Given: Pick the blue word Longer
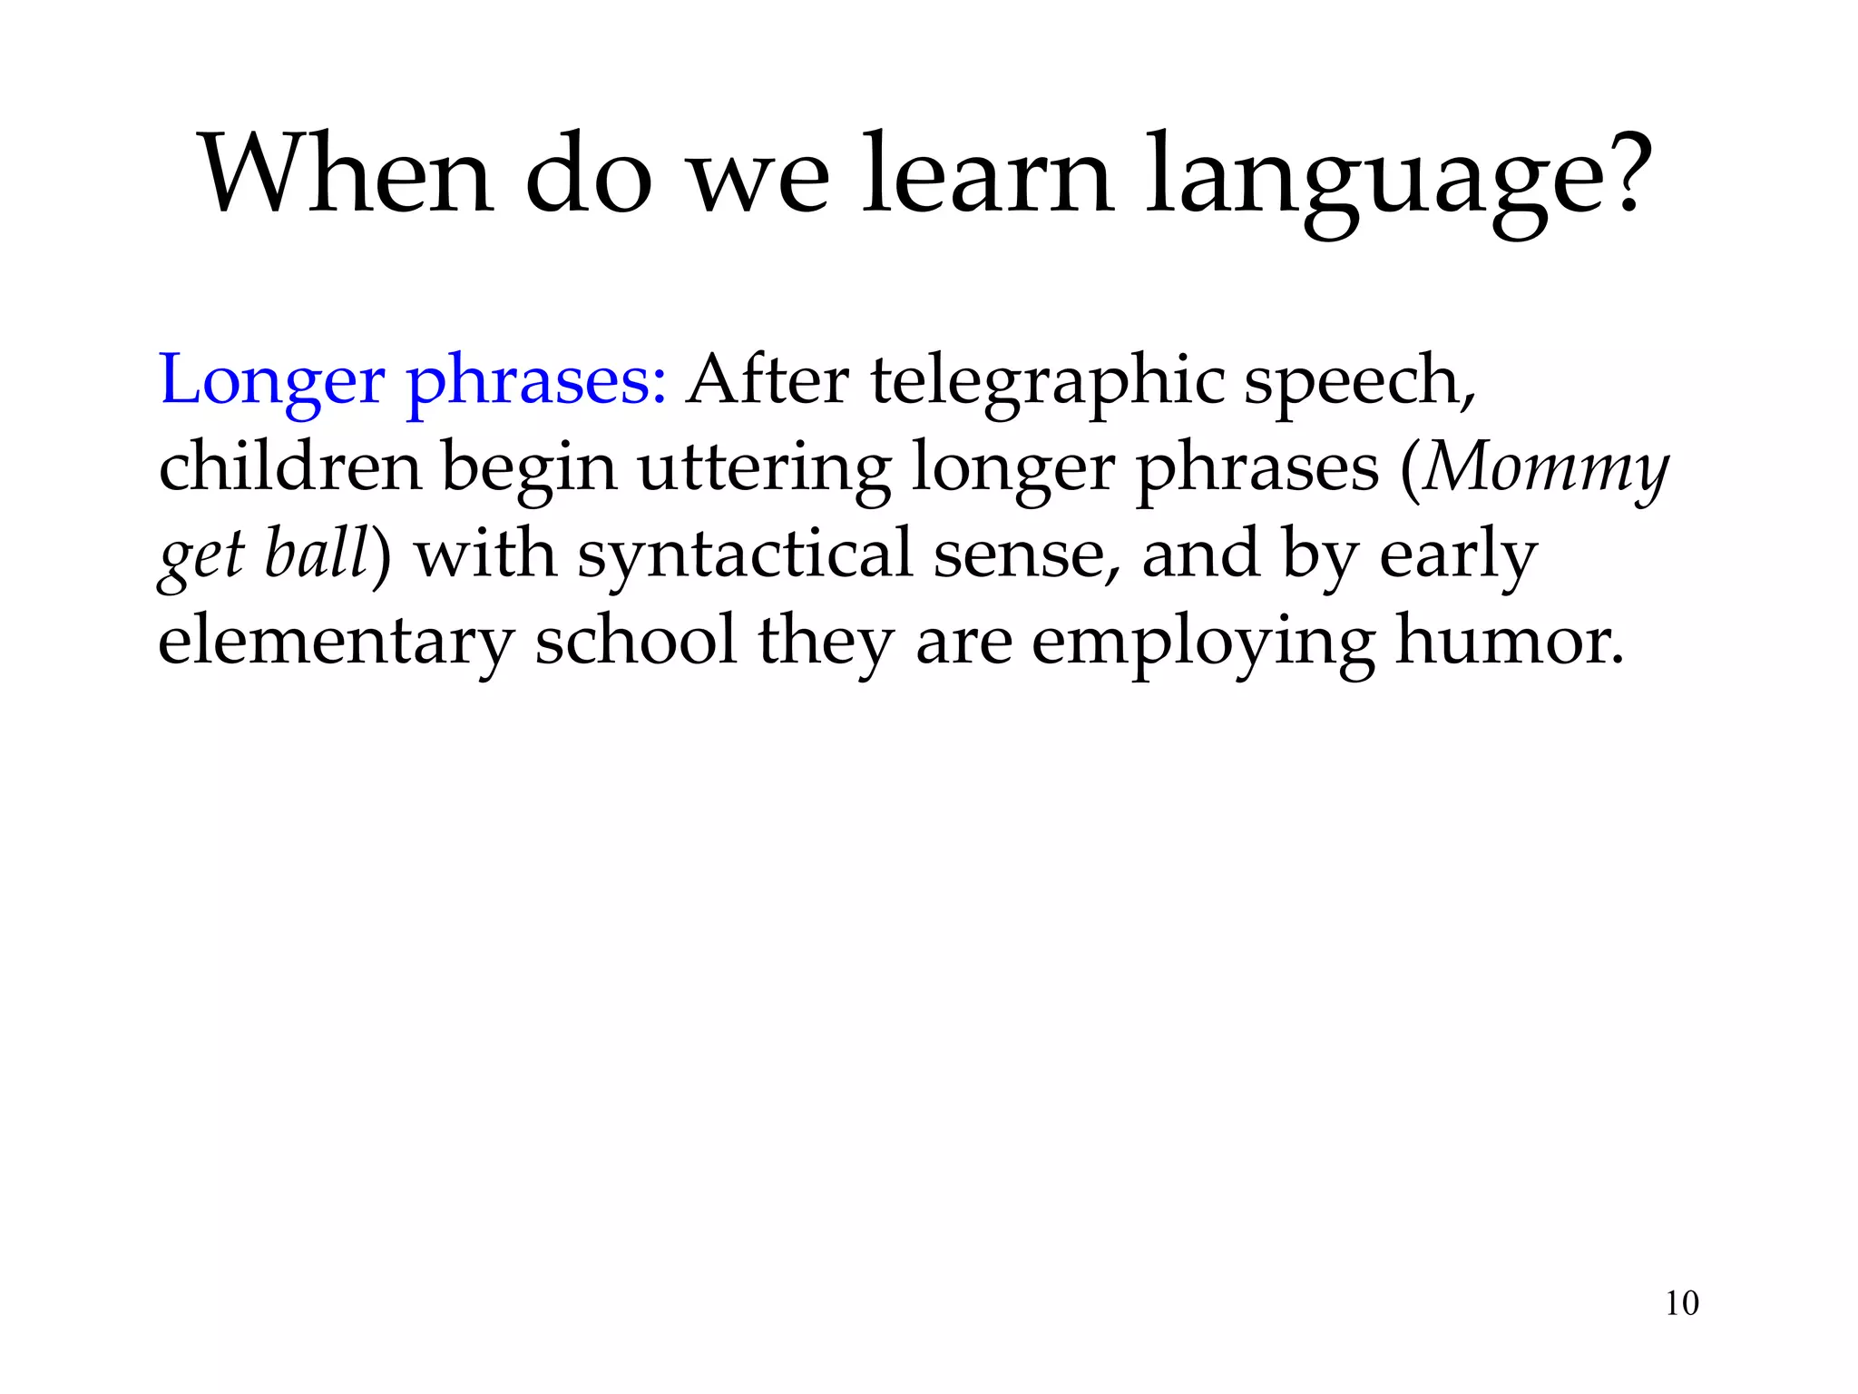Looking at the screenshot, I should (271, 381).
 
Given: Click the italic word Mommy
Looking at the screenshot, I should (1546, 468).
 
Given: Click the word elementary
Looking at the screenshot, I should (336, 643).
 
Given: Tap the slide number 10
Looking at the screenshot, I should (1682, 1303).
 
